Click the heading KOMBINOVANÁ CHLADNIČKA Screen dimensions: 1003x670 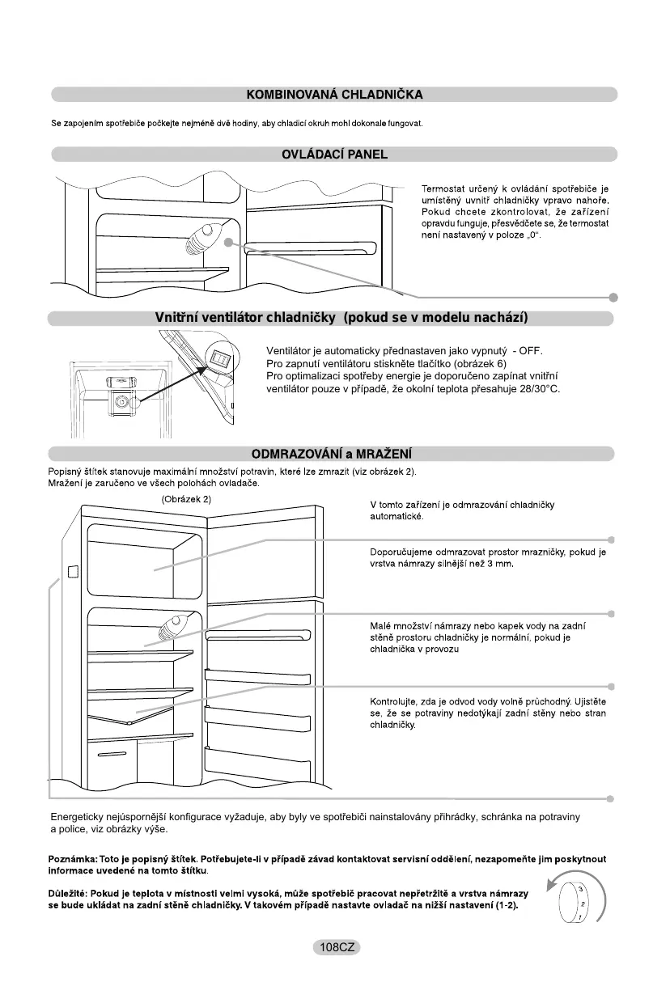click(334, 95)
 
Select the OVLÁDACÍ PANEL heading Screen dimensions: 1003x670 click(334, 154)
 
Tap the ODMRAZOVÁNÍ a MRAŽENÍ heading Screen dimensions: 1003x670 click(334, 453)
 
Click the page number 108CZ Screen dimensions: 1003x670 click(337, 947)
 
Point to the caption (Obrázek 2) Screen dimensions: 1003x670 click(186, 499)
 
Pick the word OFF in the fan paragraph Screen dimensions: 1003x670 click(529, 351)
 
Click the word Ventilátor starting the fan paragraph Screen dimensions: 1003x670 click(290, 351)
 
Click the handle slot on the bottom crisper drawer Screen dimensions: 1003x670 click(108, 755)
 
